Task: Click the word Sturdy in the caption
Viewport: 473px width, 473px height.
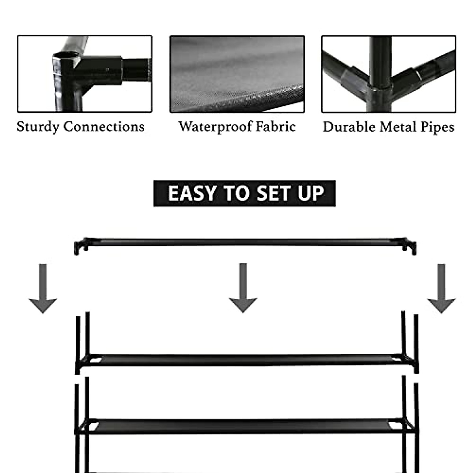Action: click(38, 127)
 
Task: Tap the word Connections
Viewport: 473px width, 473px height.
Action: click(104, 127)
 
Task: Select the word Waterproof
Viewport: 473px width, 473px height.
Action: click(215, 127)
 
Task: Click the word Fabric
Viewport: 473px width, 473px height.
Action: click(276, 127)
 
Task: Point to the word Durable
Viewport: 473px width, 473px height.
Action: click(349, 127)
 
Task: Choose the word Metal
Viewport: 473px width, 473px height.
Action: click(399, 127)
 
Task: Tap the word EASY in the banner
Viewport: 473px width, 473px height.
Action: click(192, 194)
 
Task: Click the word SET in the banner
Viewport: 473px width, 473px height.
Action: click(275, 194)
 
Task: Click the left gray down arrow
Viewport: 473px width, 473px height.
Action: click(43, 289)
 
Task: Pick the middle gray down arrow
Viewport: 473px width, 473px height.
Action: click(243, 288)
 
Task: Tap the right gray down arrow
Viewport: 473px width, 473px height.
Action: click(441, 289)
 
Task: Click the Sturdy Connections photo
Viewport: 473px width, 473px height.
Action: click(85, 74)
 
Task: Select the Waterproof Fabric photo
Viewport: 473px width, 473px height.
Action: click(237, 74)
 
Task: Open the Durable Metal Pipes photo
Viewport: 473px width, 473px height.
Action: click(389, 74)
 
